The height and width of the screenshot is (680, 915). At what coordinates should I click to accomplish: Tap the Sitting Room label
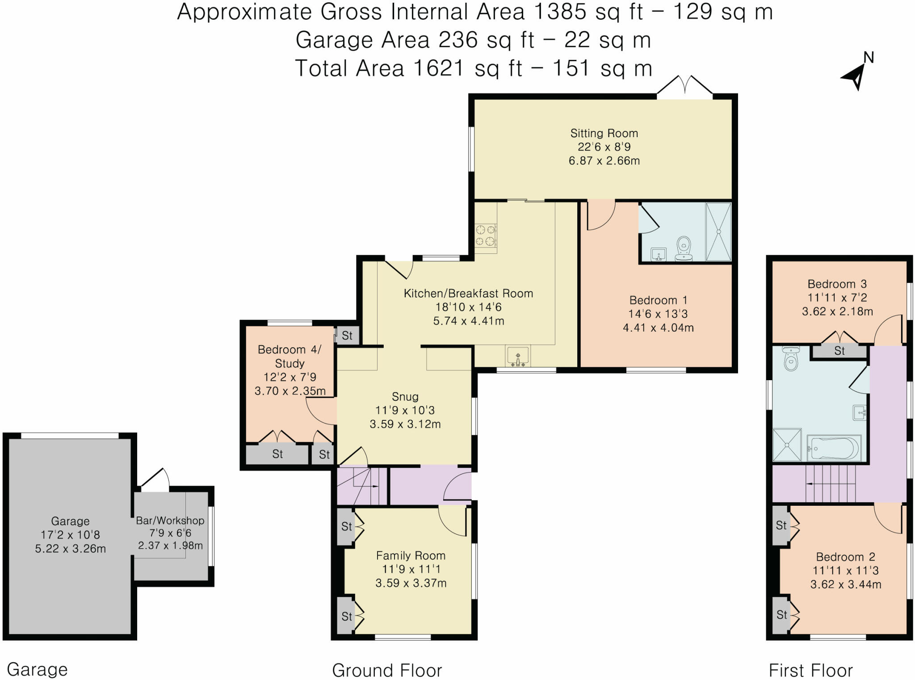click(604, 133)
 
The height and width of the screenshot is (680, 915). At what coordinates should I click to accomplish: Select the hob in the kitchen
click(486, 235)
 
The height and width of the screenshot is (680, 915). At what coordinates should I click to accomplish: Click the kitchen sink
click(518, 356)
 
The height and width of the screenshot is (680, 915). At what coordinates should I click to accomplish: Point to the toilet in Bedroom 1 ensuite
click(684, 248)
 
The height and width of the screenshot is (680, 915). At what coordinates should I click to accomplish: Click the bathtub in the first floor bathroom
click(834, 448)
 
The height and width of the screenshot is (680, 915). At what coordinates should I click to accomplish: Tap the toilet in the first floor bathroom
click(791, 359)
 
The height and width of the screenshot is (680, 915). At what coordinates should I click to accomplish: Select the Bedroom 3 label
click(837, 284)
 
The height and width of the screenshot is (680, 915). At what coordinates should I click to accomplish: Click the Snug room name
click(405, 397)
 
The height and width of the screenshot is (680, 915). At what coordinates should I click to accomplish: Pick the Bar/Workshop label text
click(170, 520)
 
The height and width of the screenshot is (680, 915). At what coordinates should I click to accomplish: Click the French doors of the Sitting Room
click(684, 87)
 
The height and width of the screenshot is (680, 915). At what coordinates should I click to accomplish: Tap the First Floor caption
click(810, 671)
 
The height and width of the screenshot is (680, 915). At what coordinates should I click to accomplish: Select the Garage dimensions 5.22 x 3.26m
click(71, 549)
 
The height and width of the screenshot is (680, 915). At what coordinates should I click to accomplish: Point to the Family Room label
click(411, 556)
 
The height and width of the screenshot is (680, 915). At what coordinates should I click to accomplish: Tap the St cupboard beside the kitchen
click(347, 336)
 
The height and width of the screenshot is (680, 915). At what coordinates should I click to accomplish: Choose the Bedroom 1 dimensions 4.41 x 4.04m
click(659, 328)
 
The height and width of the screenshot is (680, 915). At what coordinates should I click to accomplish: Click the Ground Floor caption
click(387, 671)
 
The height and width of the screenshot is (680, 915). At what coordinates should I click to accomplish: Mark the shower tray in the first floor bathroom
click(787, 445)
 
